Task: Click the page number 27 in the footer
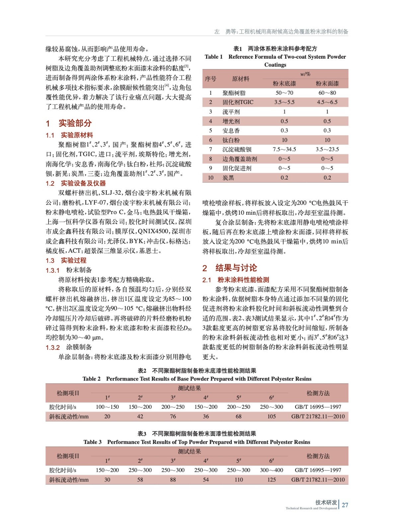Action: (x=345, y=505)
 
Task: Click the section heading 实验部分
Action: (x=75, y=123)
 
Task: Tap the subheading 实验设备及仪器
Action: (x=83, y=183)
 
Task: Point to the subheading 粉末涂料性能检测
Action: (x=243, y=280)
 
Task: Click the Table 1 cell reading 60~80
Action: (x=327, y=93)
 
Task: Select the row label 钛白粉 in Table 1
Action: (x=231, y=140)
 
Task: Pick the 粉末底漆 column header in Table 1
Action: (x=284, y=83)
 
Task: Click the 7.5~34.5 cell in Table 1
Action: (x=284, y=149)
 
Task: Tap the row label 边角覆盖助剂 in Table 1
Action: (x=240, y=159)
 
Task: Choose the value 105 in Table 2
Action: (x=271, y=416)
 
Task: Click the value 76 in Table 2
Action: (x=173, y=416)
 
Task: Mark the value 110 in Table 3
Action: (x=239, y=480)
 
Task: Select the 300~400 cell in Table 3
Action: (x=271, y=470)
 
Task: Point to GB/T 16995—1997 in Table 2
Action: (x=318, y=407)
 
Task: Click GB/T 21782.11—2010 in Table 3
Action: (x=318, y=480)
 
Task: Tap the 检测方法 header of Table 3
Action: (x=318, y=456)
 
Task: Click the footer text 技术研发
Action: (x=326, y=502)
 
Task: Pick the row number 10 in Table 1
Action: (x=210, y=178)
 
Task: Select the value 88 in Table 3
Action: (x=173, y=480)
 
